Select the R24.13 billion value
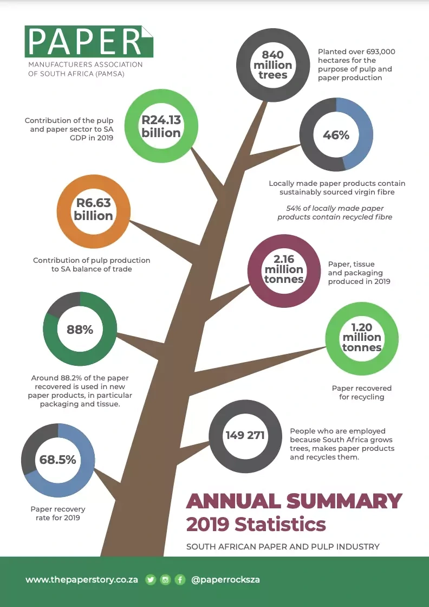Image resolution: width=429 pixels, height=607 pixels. (x=161, y=126)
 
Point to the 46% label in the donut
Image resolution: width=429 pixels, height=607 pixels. (x=336, y=135)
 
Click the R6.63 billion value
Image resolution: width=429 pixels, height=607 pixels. (x=94, y=209)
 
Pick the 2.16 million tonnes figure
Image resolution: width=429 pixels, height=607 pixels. (x=284, y=269)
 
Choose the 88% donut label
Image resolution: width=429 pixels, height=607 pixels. (x=80, y=330)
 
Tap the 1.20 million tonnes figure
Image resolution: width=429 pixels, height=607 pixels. (x=362, y=337)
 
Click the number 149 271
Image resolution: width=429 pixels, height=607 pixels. (x=245, y=435)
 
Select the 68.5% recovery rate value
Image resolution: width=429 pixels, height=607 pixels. (x=57, y=460)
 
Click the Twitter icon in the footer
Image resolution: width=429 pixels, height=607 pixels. (x=151, y=579)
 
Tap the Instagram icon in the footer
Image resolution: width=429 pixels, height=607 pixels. (x=165, y=579)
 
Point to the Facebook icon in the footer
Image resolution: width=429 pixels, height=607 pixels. (x=180, y=579)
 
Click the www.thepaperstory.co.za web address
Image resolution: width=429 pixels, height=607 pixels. (x=82, y=579)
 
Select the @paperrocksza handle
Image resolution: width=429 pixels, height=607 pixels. (x=226, y=579)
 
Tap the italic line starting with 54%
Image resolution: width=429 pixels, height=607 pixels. (x=335, y=212)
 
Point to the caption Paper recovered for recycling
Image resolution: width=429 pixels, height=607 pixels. (x=361, y=392)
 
